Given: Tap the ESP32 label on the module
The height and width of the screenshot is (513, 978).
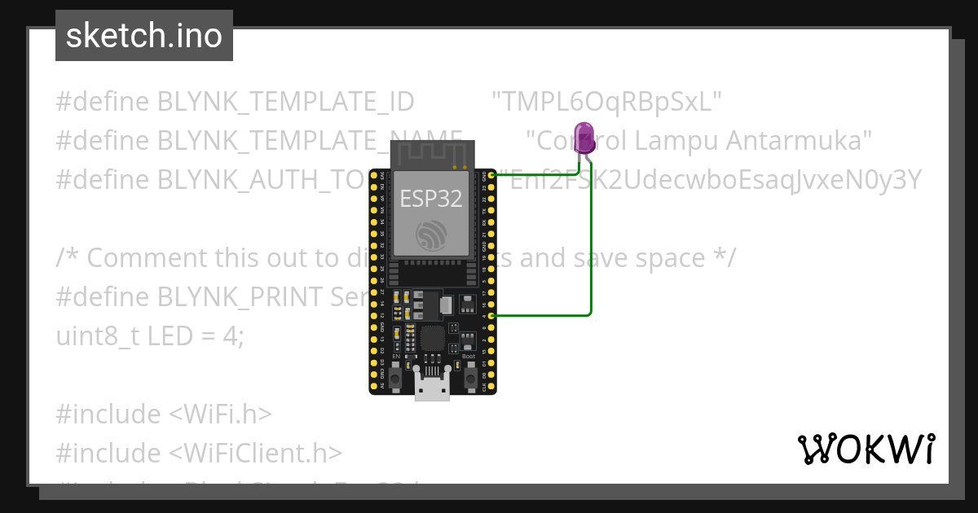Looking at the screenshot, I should click(x=432, y=198).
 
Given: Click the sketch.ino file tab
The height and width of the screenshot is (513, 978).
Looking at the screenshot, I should click(x=144, y=36).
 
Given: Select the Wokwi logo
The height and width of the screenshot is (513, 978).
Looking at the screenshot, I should click(x=866, y=449).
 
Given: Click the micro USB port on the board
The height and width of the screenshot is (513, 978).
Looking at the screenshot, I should click(x=432, y=386).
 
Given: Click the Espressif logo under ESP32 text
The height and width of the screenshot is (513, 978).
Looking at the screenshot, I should click(x=432, y=235).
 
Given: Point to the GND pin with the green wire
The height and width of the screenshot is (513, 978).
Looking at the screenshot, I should click(x=491, y=175).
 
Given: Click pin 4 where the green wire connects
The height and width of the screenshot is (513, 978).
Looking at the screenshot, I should click(x=491, y=315).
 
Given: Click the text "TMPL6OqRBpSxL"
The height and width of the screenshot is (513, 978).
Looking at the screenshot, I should click(x=607, y=102).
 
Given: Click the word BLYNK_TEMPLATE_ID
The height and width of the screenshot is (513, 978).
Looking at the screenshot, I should click(x=286, y=102).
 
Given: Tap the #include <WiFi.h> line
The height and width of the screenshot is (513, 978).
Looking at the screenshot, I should click(x=163, y=414).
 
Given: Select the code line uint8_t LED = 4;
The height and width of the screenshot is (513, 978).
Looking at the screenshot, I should click(x=150, y=335).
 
